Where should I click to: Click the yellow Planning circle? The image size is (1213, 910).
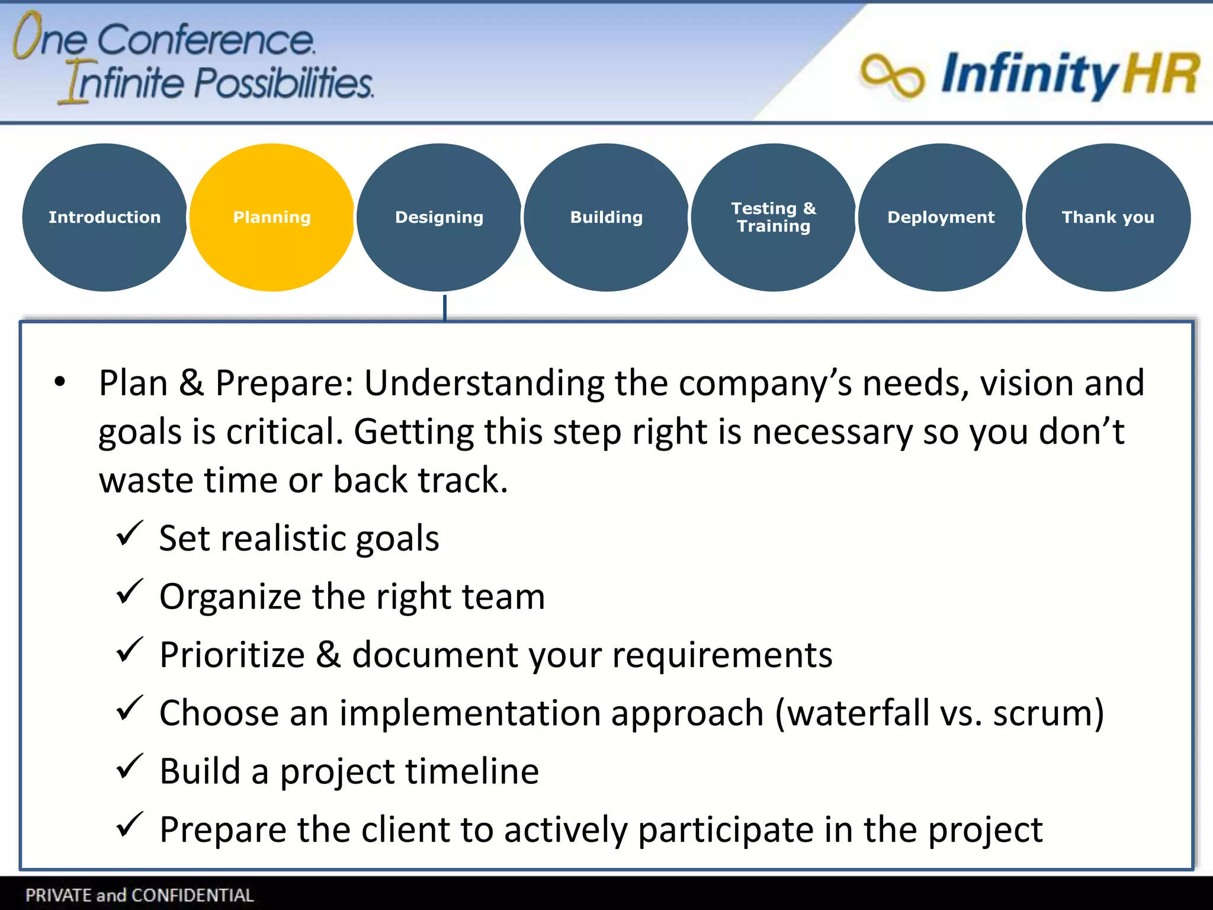pyautogui.click(x=272, y=217)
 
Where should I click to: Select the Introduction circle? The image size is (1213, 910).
pyautogui.click(x=105, y=217)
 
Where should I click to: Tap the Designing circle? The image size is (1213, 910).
pyautogui.click(x=439, y=217)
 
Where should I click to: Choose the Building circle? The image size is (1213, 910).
pyautogui.click(x=606, y=217)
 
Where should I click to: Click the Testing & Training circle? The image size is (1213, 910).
pyautogui.click(x=773, y=217)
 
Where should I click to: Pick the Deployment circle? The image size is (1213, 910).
pyautogui.click(x=941, y=217)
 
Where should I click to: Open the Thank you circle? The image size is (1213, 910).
pyautogui.click(x=1108, y=217)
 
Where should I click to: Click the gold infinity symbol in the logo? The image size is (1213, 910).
pyautogui.click(x=892, y=76)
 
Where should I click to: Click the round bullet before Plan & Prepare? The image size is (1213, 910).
pyautogui.click(x=60, y=382)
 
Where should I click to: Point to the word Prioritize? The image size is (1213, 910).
pyautogui.click(x=232, y=655)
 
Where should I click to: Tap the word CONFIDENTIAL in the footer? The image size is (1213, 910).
pyautogui.click(x=192, y=895)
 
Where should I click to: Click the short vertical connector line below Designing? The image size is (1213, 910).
pyautogui.click(x=445, y=307)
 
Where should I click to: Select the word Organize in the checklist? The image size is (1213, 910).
pyautogui.click(x=230, y=597)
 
